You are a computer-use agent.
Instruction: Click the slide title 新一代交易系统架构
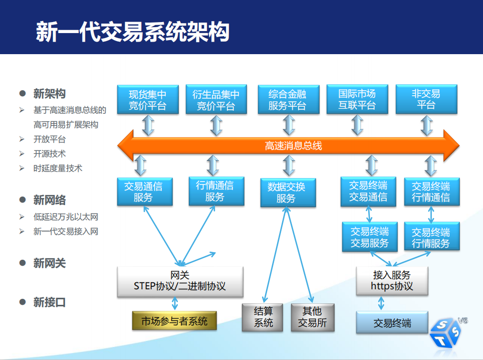[132, 32]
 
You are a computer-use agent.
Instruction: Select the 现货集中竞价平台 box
[148, 100]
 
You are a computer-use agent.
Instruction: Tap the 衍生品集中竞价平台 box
[216, 100]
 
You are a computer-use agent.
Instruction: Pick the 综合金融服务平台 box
[289, 100]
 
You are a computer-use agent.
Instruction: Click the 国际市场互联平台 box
[357, 99]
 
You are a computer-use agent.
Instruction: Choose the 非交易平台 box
[426, 99]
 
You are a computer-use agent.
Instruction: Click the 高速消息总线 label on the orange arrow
[293, 146]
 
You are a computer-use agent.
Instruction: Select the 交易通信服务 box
[145, 192]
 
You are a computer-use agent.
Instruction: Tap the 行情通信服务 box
[216, 191]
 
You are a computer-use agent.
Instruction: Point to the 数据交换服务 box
[288, 193]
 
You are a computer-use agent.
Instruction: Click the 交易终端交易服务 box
[370, 237]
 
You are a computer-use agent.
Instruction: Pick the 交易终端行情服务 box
[432, 237]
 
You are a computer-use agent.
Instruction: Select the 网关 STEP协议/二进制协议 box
[180, 282]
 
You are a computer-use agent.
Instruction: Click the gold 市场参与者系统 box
[174, 321]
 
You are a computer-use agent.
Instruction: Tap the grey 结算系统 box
[263, 317]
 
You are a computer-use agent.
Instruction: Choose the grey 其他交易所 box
[313, 317]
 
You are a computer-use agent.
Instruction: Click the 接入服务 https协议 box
[392, 281]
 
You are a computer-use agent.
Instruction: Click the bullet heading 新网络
[49, 200]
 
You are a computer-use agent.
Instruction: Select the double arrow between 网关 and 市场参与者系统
[175, 303]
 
